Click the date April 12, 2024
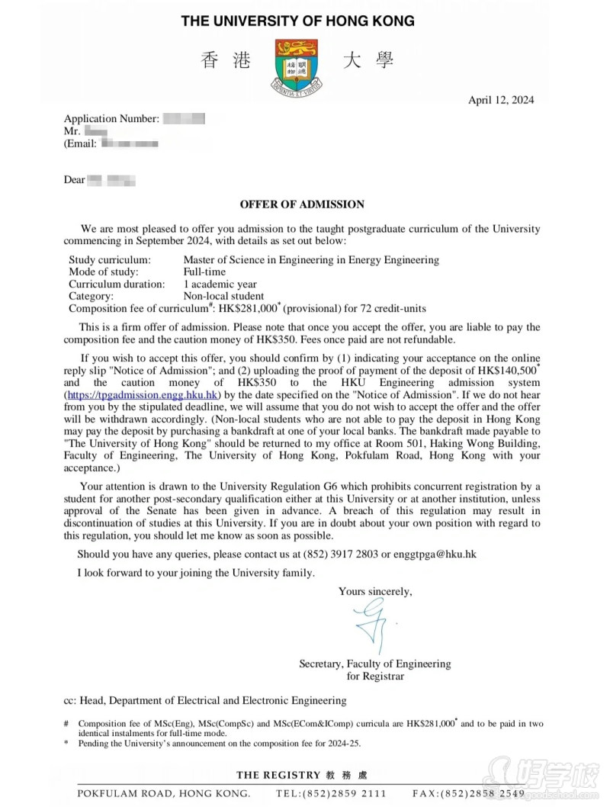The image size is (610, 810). point(501,100)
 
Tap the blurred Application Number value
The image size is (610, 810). point(185,118)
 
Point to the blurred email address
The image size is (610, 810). point(130,143)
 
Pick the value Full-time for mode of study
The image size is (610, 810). point(204,272)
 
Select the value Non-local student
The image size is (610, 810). point(223,296)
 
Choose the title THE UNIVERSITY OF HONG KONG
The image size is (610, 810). point(297,21)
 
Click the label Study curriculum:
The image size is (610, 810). point(110,259)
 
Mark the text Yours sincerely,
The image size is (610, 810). point(375,591)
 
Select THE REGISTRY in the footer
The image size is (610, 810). point(278,775)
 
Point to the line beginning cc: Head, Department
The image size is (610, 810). point(205,700)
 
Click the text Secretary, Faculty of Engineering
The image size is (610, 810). point(374,664)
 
